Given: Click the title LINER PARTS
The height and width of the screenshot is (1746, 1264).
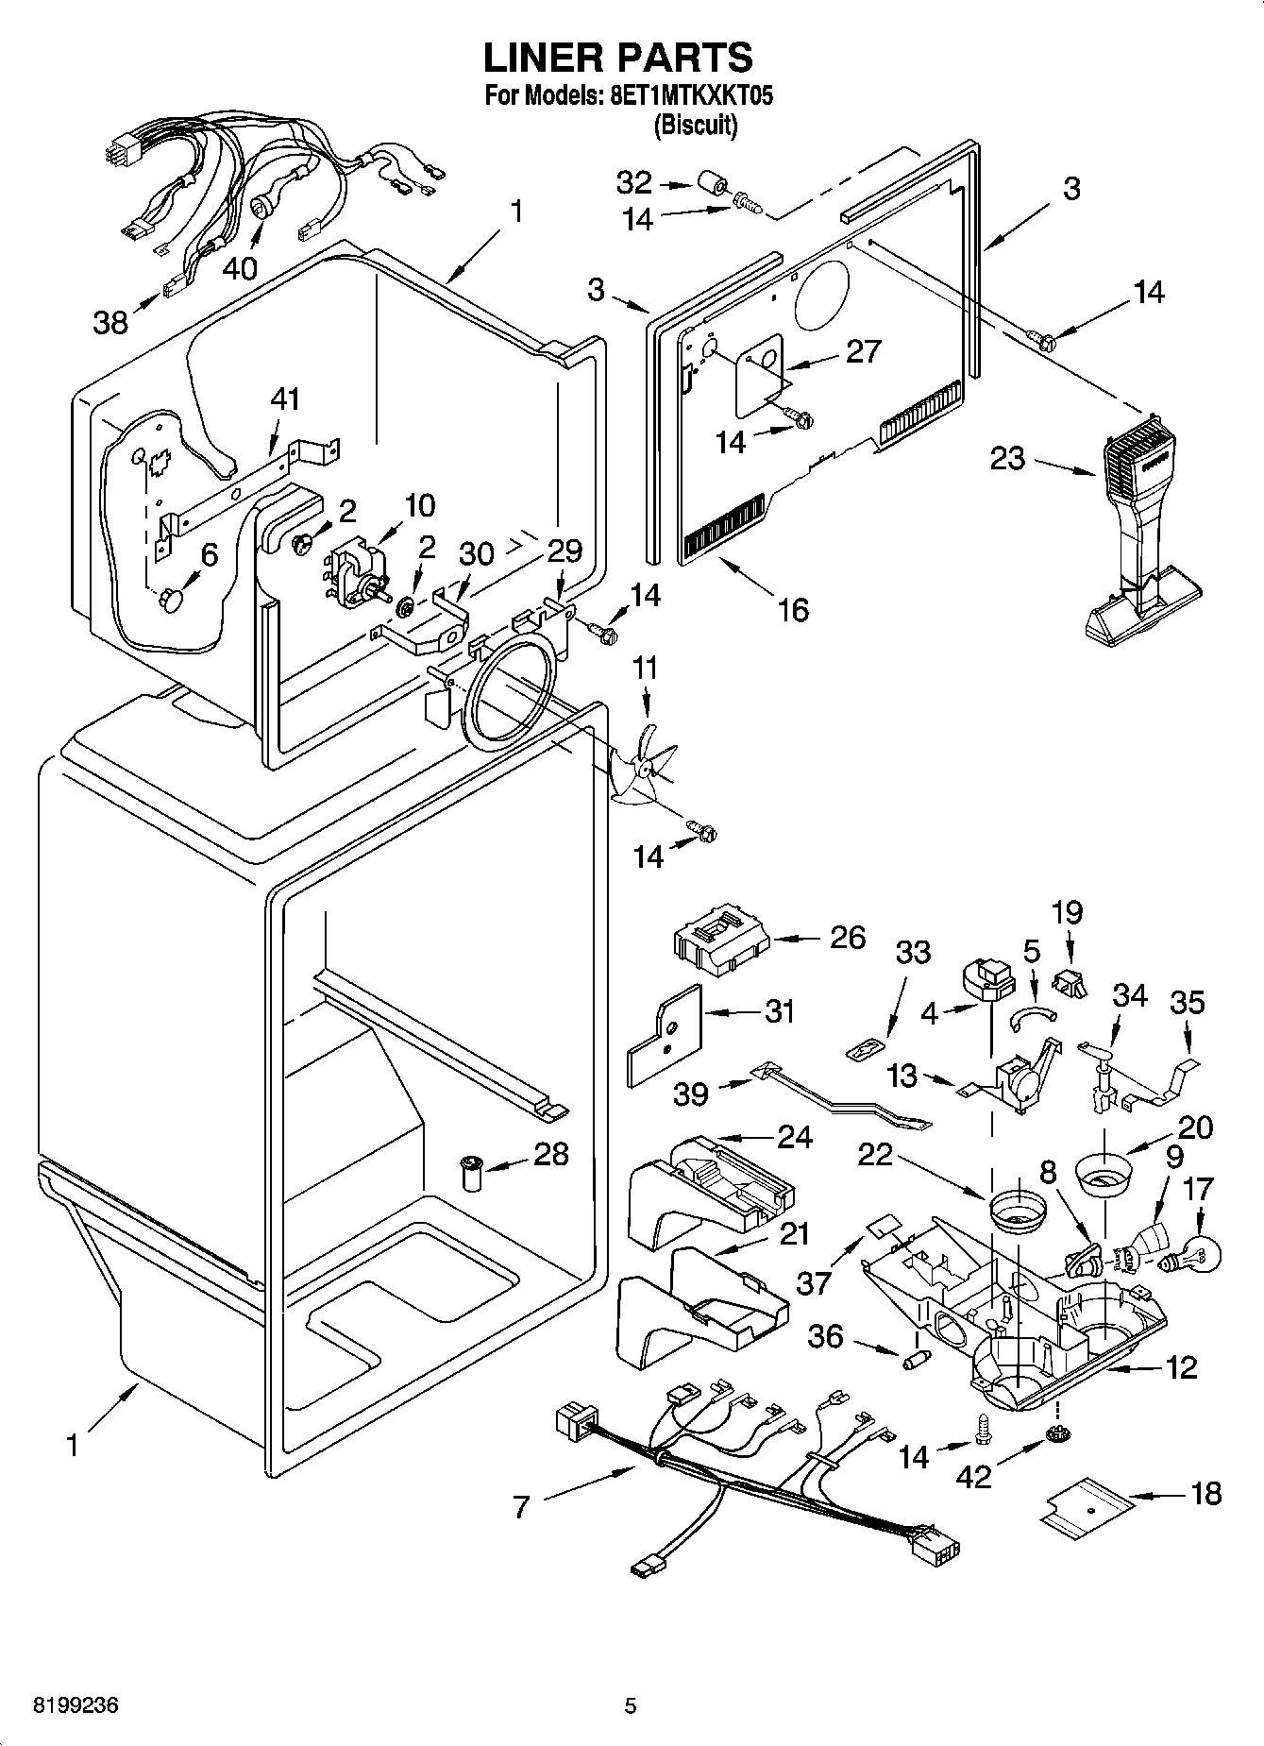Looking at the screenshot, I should tap(618, 58).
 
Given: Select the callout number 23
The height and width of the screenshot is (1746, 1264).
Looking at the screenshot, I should tap(1007, 460).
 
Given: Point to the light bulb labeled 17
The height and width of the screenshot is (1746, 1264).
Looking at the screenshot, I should tap(1202, 1252).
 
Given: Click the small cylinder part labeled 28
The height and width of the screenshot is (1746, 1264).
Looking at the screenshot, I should tap(470, 1173).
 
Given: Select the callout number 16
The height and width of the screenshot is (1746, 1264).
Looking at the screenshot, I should tap(793, 610).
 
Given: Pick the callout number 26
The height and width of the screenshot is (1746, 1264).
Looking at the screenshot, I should tap(847, 937).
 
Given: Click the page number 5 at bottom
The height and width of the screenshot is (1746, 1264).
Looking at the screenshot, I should tap(630, 1705).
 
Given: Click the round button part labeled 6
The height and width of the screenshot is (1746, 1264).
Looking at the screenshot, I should tap(172, 599).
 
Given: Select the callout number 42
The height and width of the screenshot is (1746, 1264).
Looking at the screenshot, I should tap(973, 1476).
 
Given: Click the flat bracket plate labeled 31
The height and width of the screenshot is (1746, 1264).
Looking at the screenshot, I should tap(666, 1036).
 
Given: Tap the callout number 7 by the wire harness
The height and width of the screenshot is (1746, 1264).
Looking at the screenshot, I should tap(523, 1506).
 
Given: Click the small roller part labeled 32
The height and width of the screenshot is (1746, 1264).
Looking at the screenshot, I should tap(713, 183).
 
